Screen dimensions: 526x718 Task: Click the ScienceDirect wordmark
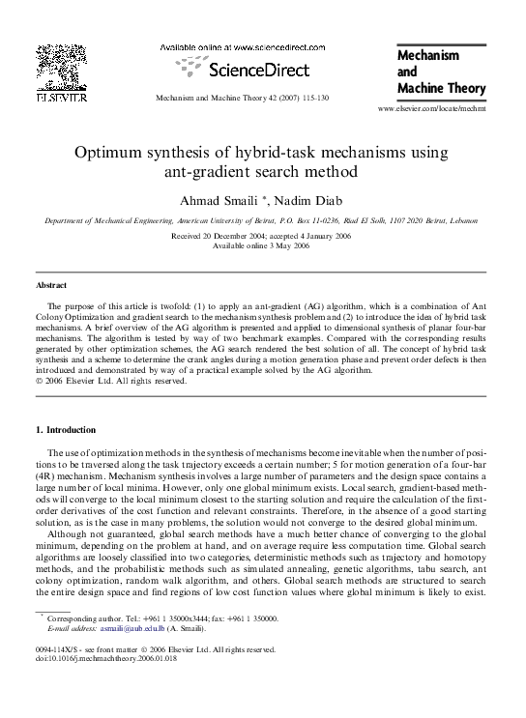coord(259,70)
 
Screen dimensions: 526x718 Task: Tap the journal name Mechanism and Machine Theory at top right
coord(441,72)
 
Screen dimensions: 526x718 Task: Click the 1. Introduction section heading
coord(72,429)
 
